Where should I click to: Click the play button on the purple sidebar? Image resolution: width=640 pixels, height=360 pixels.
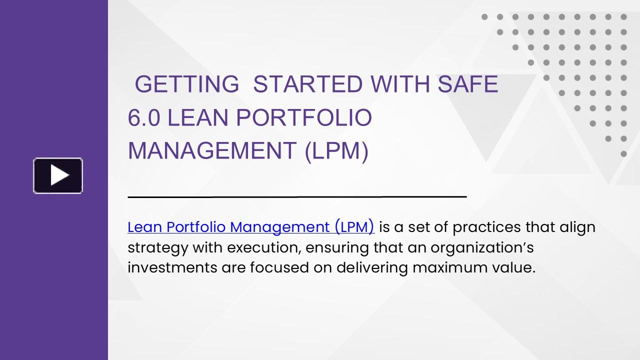(58, 175)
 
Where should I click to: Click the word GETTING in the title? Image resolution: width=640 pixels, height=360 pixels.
(187, 84)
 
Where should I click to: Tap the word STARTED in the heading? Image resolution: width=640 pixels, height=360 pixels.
(307, 84)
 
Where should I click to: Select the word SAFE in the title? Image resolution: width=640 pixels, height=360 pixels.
(468, 84)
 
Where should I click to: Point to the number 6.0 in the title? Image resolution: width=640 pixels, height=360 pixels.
(143, 117)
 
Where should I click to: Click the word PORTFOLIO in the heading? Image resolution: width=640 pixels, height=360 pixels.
(303, 117)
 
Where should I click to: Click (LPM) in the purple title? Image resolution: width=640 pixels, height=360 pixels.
(337, 151)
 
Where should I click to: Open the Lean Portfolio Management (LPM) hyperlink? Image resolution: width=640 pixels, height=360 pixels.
(251, 227)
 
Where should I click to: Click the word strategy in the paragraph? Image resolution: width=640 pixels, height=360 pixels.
(157, 248)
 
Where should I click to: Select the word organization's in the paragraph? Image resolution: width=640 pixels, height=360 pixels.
(482, 248)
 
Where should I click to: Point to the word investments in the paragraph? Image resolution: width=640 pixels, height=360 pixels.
(172, 267)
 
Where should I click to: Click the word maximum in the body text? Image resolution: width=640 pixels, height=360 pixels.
(450, 267)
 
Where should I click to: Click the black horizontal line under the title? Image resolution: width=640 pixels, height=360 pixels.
(297, 197)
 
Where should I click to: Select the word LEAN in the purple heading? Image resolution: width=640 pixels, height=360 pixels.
(197, 117)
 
